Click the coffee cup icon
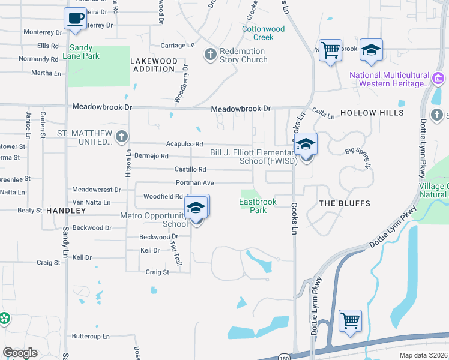pyautogui.click(x=75, y=19)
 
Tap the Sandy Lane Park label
pyautogui.click(x=84, y=52)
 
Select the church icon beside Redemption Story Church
pyautogui.click(x=210, y=55)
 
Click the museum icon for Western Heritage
pyautogui.click(x=438, y=79)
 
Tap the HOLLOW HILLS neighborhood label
pyautogui.click(x=367, y=113)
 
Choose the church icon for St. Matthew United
pyautogui.click(x=122, y=137)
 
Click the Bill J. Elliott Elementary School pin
pyautogui.click(x=306, y=145)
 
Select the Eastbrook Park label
pyautogui.click(x=258, y=206)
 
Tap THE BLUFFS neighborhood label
pyautogui.click(x=344, y=203)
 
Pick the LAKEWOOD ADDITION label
pyautogui.click(x=154, y=65)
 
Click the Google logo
pyautogui.click(x=20, y=352)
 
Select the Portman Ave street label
pyautogui.click(x=194, y=182)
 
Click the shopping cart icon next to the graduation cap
pyautogui.click(x=330, y=51)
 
